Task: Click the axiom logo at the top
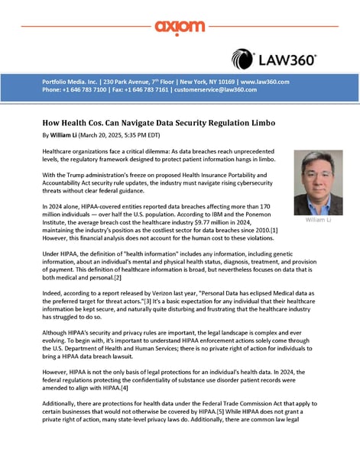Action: pos(180,27)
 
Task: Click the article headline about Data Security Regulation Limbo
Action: pos(158,123)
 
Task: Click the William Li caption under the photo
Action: pos(318,219)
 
